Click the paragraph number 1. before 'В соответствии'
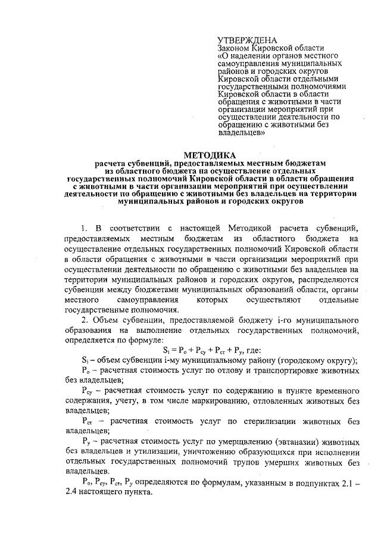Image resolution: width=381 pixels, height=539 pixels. pos(85,228)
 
